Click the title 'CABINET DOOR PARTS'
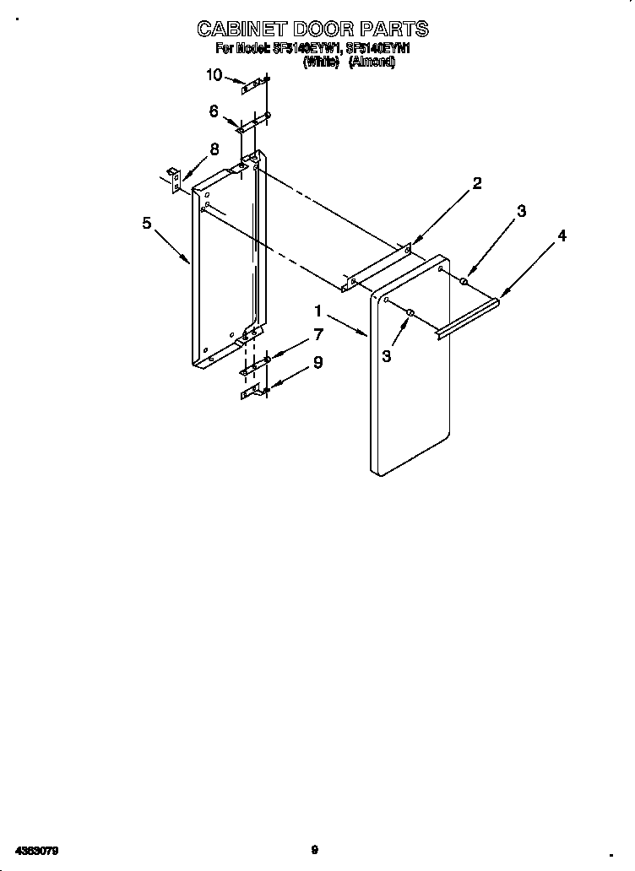tap(312, 30)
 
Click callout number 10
tap(214, 75)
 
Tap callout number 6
tap(214, 111)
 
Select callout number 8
tap(214, 149)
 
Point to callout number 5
tap(147, 223)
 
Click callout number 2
tap(477, 183)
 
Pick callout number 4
tap(562, 235)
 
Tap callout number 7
tap(317, 334)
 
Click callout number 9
tap(317, 362)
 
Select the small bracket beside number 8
tap(174, 181)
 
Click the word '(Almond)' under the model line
tap(372, 62)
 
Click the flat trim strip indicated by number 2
tap(377, 270)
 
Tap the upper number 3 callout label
tap(521, 211)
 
